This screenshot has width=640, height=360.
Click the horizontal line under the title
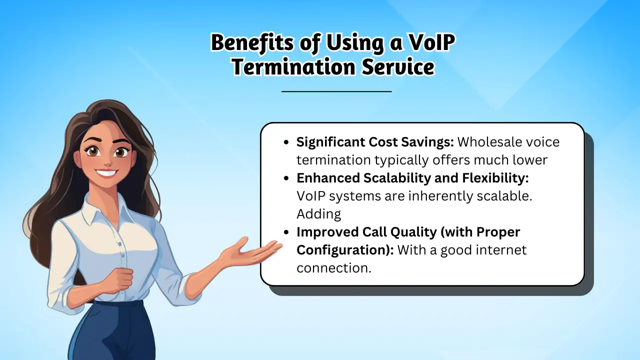pos(336,91)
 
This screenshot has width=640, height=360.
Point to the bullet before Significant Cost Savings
pos(286,142)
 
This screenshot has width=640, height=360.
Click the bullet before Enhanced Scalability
pos(286,178)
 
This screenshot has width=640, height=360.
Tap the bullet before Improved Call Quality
pos(286,232)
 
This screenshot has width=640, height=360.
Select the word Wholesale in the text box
pos(489,142)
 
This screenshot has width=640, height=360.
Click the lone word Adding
pos(318,214)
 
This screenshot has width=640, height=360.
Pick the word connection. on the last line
pos(333,268)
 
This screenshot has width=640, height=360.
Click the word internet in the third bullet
pos(497,250)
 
